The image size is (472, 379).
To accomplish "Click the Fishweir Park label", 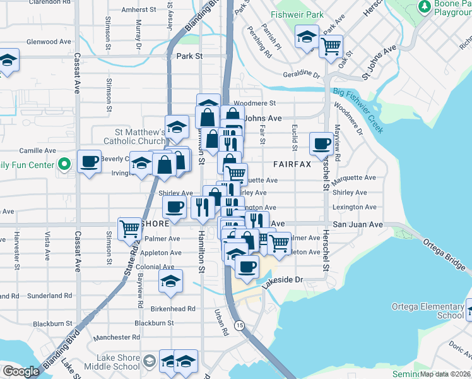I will [x=296, y=14].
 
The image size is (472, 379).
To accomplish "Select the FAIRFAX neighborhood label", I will [x=292, y=164].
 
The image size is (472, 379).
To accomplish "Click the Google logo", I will [x=21, y=371].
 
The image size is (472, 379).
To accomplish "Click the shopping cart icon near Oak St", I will [x=331, y=45].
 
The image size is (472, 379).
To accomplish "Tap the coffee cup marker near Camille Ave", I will [x=90, y=161].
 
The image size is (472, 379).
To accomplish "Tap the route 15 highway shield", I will [x=239, y=325].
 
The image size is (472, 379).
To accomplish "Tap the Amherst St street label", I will [x=139, y=10].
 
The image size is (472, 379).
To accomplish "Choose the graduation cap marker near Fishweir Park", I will [x=307, y=38].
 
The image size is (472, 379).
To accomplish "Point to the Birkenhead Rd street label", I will [x=173, y=309].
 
